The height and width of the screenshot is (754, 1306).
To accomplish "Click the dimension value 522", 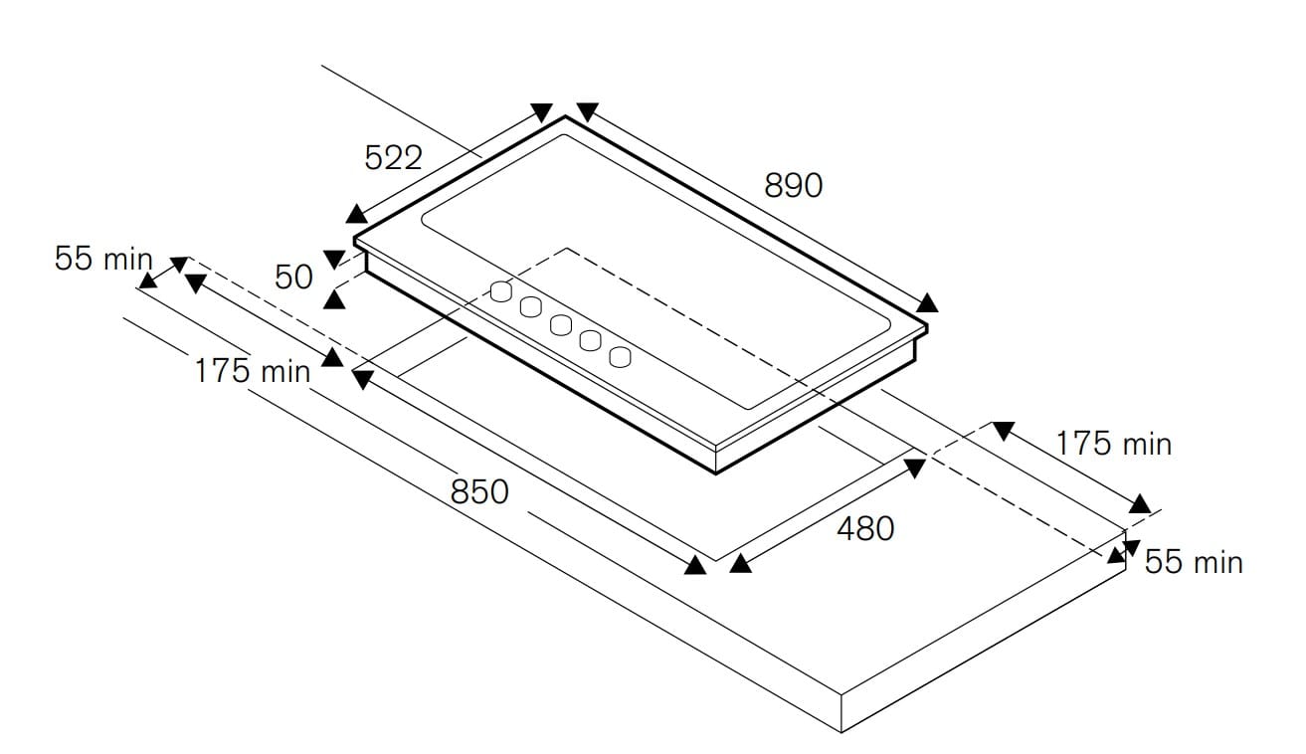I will coord(394,157).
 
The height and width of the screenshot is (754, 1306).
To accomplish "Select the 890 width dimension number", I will coord(793,185).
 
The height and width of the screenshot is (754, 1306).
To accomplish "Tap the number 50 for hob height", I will coord(294,277).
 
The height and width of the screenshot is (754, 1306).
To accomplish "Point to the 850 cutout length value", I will coord(479,491).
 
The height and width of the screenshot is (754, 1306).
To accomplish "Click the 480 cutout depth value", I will coord(864,529).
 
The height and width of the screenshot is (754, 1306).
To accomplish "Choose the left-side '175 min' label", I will coord(253,371).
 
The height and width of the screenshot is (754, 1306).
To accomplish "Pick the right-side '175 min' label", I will coord(1114,444).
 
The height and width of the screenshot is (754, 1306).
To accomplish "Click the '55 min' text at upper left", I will coord(103,259).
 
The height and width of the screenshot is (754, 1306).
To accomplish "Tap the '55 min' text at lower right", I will coord(1194,562).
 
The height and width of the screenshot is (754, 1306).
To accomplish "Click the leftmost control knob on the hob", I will coord(502,291).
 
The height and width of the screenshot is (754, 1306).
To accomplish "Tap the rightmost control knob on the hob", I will coord(621,356).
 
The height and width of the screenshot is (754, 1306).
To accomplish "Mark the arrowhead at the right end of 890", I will coord(928,302).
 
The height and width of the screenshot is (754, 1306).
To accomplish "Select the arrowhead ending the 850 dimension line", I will coord(695,565).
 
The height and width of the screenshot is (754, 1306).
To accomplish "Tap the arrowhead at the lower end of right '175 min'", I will coord(1140,503).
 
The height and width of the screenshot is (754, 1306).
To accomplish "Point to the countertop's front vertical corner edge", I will coord(842,712).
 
